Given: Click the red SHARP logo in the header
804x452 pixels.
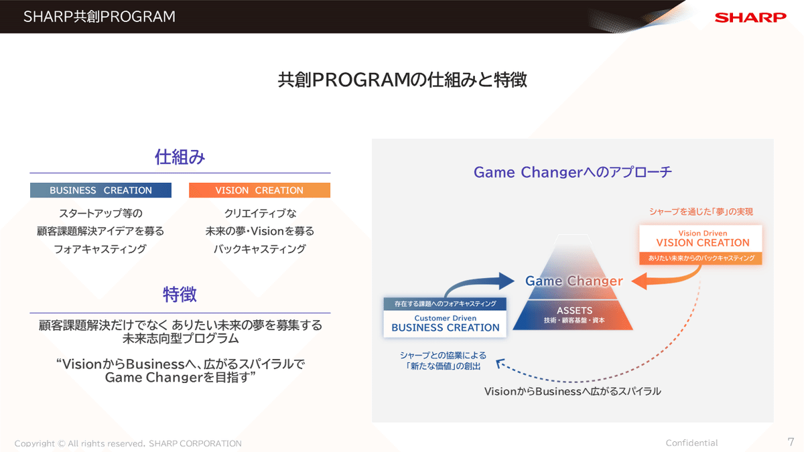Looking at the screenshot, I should (750, 17).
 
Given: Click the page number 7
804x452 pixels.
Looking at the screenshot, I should (791, 442).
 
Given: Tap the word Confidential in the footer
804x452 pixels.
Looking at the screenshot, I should (691, 443).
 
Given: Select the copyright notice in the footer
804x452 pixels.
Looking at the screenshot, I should (128, 443).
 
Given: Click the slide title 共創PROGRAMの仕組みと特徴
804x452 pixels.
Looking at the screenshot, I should (402, 80).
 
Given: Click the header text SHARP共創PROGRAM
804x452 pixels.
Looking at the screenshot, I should (99, 17).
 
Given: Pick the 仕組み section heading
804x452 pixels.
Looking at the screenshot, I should (180, 157).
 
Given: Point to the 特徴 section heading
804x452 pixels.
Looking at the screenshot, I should (180, 295).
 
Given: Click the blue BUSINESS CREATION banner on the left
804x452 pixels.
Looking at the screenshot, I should (100, 190).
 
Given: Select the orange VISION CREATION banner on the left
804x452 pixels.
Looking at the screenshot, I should (259, 190).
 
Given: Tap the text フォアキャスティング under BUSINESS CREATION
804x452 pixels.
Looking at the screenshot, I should (100, 249).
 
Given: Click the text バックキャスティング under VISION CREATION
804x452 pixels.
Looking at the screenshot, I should (259, 249).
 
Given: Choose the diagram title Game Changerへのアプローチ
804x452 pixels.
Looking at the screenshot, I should (572, 172).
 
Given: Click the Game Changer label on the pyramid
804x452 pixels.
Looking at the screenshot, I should (574, 281).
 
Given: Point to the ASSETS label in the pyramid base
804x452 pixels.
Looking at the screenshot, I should (574, 311).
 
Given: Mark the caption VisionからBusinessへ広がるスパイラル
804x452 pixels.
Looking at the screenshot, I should (572, 391).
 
